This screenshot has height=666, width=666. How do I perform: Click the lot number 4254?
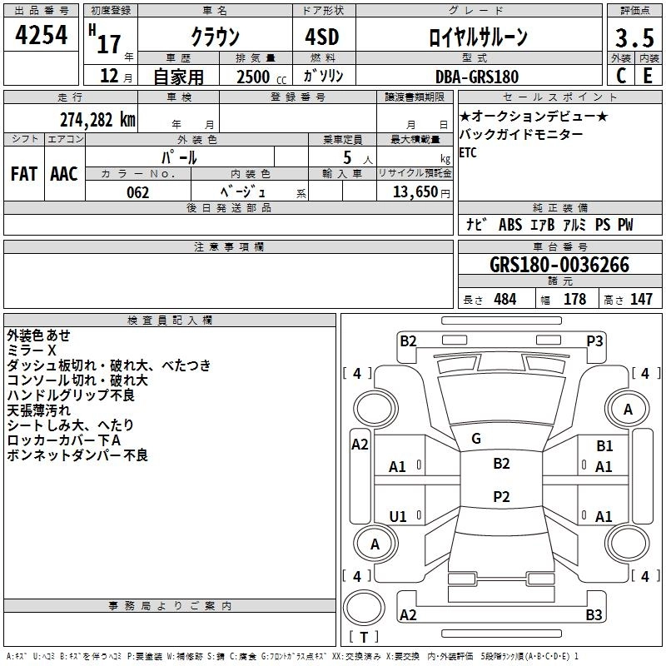tap(42, 36)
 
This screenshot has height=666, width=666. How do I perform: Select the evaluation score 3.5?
tap(633, 37)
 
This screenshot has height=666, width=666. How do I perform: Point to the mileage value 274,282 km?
tap(97, 119)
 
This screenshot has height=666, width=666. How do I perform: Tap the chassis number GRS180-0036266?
tap(559, 266)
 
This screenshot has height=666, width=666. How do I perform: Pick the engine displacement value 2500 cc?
tap(253, 77)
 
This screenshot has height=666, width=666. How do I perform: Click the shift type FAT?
tap(23, 173)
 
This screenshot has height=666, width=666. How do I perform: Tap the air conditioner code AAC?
tap(63, 173)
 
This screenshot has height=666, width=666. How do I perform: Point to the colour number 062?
tap(138, 192)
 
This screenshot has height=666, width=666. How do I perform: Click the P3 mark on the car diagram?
tap(594, 340)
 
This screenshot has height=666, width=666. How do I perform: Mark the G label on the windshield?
tap(475, 438)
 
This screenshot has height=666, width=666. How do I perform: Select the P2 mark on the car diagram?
tap(501, 496)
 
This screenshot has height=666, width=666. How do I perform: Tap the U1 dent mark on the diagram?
tap(398, 517)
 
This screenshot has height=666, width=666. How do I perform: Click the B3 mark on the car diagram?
tap(594, 615)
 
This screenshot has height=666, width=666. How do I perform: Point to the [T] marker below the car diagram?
tap(363, 637)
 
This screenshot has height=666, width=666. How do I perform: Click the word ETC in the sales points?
tap(468, 152)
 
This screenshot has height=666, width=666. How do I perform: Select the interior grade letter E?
tap(647, 76)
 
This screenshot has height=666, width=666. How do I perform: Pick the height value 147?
tap(640, 300)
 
